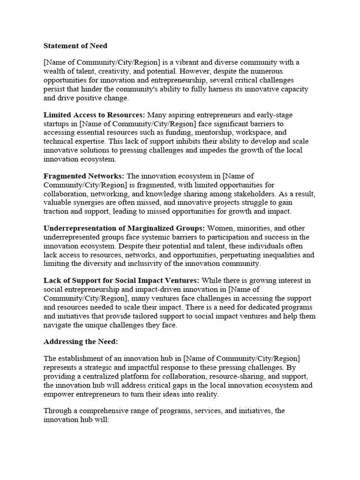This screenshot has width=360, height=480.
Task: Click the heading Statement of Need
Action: coord(75,46)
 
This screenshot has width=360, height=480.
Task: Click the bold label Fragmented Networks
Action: coord(84,176)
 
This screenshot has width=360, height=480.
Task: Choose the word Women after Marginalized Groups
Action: coord(220,228)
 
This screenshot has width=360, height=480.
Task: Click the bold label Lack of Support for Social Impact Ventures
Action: coord(121,281)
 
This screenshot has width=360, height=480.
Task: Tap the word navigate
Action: coord(58,325)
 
